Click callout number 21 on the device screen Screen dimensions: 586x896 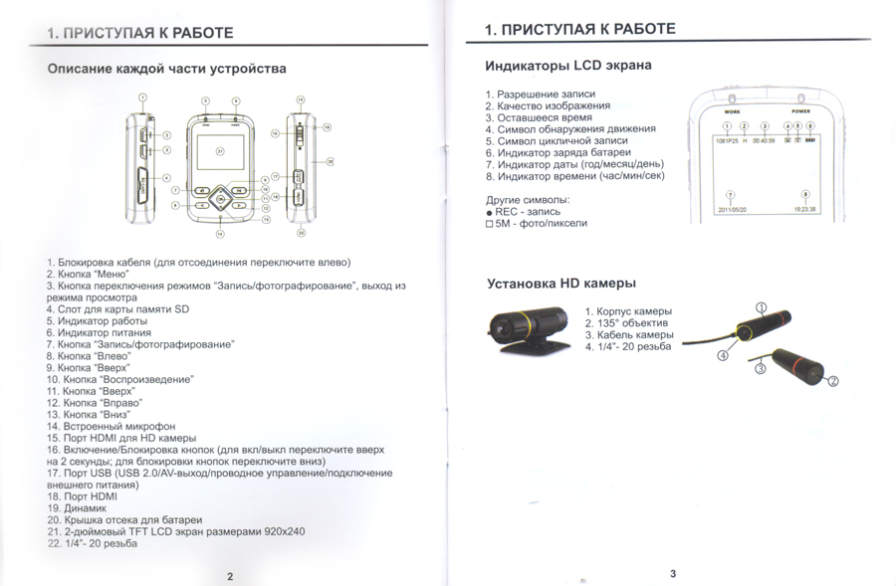point(222,149)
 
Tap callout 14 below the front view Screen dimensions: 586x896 point(221,233)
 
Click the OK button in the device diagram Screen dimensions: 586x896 point(221,200)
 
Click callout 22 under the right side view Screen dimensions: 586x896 point(300,232)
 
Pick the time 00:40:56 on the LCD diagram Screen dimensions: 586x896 point(765,140)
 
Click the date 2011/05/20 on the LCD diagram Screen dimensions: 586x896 point(732,210)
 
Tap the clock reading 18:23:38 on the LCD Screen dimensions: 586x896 point(804,210)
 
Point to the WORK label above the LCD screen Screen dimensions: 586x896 point(732,111)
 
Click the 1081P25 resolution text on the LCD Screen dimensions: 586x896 point(727,140)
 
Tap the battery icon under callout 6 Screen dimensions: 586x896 point(810,140)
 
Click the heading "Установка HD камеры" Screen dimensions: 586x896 point(560,284)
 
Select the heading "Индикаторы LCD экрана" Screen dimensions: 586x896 point(567,66)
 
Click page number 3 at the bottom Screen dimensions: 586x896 point(672,573)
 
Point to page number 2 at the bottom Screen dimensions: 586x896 point(229,575)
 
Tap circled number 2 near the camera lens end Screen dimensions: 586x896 point(833,380)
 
